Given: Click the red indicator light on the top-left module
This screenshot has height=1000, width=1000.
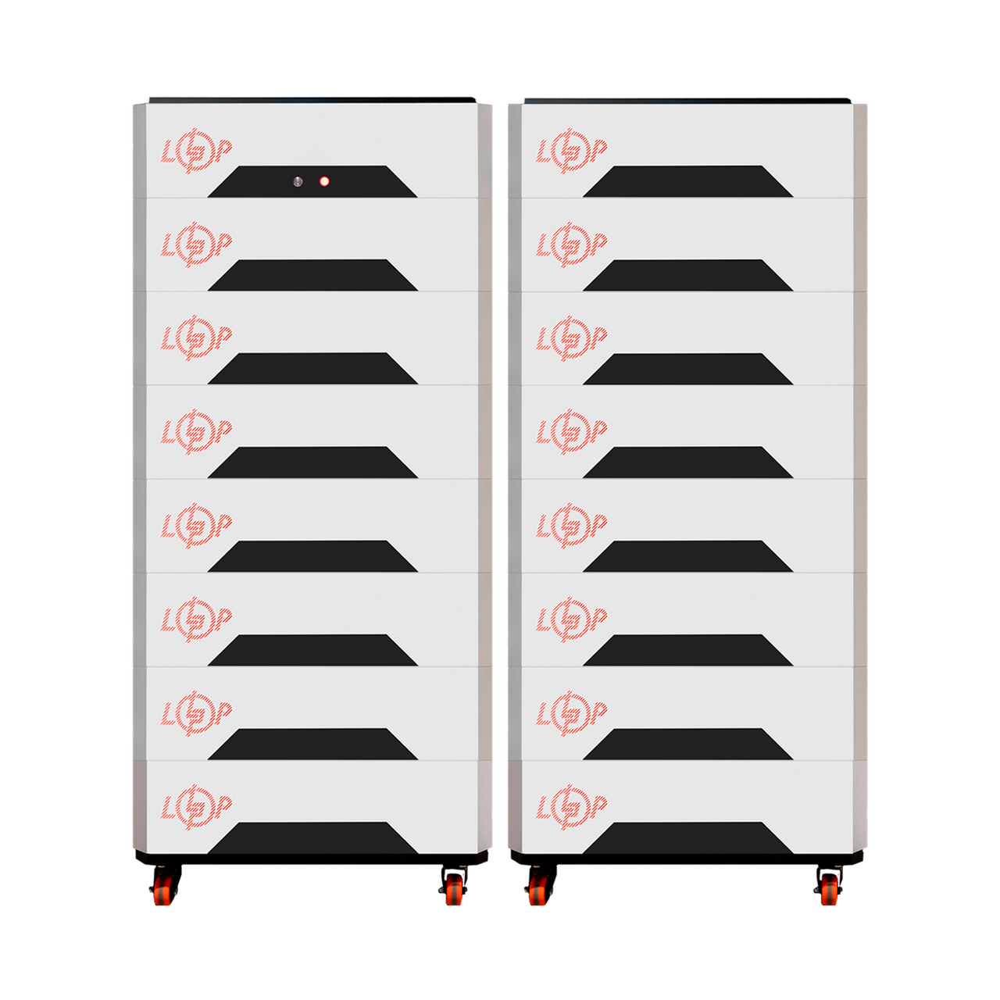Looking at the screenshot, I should [323, 181].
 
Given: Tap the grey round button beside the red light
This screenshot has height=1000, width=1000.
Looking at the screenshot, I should [298, 181].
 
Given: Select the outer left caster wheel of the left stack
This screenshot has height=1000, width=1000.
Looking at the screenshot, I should [162, 890].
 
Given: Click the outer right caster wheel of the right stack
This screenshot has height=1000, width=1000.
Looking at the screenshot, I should [830, 890].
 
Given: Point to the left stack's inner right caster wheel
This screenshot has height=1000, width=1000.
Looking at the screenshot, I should [455, 890].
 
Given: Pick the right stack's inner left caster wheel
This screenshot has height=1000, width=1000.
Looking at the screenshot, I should [538, 890].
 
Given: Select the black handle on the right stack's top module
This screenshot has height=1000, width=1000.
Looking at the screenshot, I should [687, 181].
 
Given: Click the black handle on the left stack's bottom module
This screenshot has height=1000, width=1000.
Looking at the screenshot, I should [312, 837].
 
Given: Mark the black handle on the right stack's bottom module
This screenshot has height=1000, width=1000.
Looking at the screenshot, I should [687, 837].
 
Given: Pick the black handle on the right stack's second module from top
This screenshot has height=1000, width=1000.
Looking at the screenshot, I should [687, 275].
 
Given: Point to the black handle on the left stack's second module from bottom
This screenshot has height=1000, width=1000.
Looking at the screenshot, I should [312, 744].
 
